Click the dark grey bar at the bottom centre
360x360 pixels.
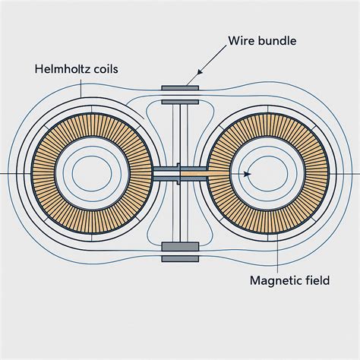click(x=180, y=248)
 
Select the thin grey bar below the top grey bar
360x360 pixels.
click(x=180, y=99)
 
